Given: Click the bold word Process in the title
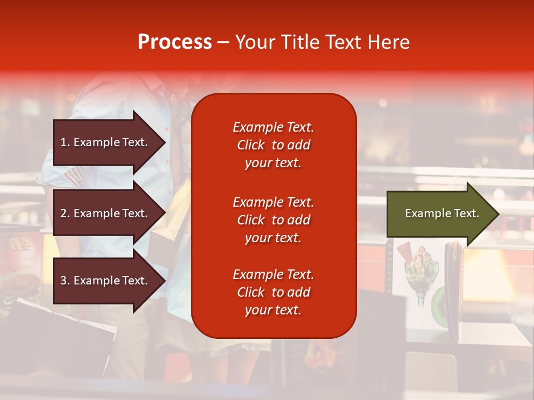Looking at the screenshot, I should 175,42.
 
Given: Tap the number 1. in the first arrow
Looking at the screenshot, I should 65,142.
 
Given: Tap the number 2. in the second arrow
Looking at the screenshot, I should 65,213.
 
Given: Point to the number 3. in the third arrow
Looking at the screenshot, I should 65,281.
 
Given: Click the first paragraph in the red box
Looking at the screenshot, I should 273,145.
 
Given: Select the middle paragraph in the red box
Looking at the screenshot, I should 273,220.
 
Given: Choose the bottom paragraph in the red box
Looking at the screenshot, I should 273,292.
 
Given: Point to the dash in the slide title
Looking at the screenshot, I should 223,43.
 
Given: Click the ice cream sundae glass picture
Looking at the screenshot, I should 419,275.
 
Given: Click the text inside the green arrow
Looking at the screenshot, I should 442,213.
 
